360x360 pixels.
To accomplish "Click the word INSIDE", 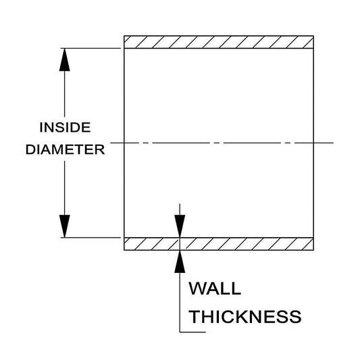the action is (66, 128).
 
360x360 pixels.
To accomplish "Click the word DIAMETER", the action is (66, 149).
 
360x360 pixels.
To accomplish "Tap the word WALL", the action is (215, 288).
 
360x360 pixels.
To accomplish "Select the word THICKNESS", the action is (245, 317).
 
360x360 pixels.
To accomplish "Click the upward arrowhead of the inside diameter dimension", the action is (65, 59).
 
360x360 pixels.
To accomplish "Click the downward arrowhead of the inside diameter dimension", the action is (65, 226).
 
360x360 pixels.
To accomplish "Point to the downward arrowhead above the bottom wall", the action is (180, 226).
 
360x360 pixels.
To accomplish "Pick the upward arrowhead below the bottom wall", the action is (180, 262).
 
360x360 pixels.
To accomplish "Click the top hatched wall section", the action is (219, 42).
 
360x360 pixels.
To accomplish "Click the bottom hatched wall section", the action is (219, 244).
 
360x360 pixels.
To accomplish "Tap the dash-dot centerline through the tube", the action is (222, 143).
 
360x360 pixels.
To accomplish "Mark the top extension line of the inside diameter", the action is (91, 48).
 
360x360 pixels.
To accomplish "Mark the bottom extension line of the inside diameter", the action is (91, 238).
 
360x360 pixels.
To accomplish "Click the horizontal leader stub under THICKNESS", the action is (192, 332).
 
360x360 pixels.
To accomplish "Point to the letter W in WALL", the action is (198, 288).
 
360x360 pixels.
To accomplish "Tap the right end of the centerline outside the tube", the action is (333, 143).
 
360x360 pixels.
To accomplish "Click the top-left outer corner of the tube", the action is (124, 36).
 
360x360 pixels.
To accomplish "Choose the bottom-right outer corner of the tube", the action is (313, 250).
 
